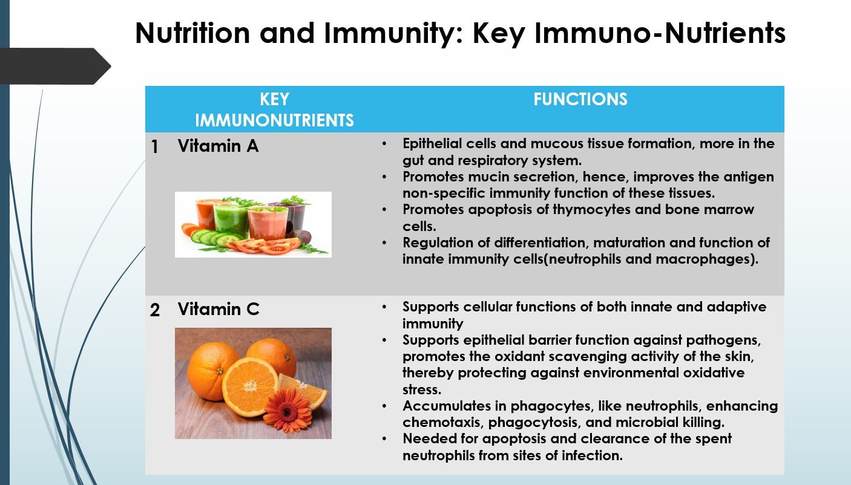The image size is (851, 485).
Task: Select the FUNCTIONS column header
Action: point(580,99)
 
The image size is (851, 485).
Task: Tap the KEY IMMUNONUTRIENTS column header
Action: point(274,109)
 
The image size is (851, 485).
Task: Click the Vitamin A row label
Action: point(218,146)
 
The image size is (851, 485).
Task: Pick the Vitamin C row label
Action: point(218,309)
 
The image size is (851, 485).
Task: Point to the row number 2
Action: point(155,310)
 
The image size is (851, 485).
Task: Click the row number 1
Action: point(155,147)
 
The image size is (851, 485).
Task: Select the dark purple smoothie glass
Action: point(297,216)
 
